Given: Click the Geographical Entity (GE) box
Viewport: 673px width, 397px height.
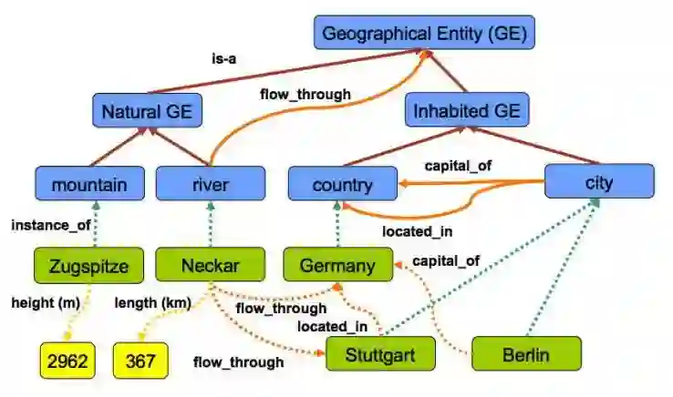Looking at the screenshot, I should pos(425,34).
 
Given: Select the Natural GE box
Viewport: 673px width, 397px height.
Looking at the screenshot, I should pos(147,112).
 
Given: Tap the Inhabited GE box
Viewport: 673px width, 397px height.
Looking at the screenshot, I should pos(468,111).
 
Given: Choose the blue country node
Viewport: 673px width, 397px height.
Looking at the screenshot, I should pos(342,185).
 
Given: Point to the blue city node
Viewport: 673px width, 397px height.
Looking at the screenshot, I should pos(599,182).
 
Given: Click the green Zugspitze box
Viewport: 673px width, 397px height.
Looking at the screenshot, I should pos(90,266).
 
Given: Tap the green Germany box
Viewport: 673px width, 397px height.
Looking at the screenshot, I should pos(338,266).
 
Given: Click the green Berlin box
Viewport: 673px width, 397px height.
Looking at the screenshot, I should pos(526,353).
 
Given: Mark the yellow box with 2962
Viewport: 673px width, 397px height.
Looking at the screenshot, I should pos(67,361).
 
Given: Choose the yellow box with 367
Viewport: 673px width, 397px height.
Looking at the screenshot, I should pos(140,361).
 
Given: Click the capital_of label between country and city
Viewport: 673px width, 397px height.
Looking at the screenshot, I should pos(457,166).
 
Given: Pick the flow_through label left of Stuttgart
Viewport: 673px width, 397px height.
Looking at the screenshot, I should pos(238,361).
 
